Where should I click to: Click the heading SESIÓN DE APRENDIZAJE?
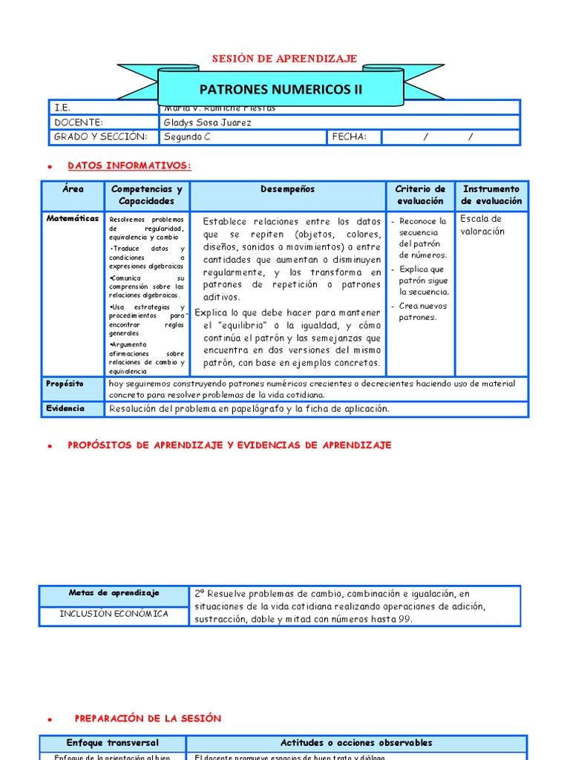tap(285, 59)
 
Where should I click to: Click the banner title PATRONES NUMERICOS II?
tap(281, 90)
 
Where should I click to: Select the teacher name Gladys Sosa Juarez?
tap(207, 122)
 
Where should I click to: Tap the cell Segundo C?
tap(187, 137)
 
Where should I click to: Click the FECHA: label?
tap(350, 137)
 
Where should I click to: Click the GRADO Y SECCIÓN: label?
tap(101, 137)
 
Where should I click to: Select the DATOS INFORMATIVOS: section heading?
tap(130, 166)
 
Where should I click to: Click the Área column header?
tap(73, 189)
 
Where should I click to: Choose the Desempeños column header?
tap(288, 189)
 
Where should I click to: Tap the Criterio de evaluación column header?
tap(420, 195)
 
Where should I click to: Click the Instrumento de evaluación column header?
tap(491, 195)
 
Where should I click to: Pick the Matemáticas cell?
tap(73, 219)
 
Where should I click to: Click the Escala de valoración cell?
tap(482, 225)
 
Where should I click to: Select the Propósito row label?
tap(65, 384)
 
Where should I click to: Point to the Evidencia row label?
tap(65, 408)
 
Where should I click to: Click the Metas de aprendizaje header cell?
tap(114, 593)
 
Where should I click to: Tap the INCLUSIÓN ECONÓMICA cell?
tap(114, 614)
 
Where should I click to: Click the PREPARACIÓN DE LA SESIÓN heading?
tap(148, 718)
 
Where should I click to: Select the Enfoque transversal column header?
tap(113, 743)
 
